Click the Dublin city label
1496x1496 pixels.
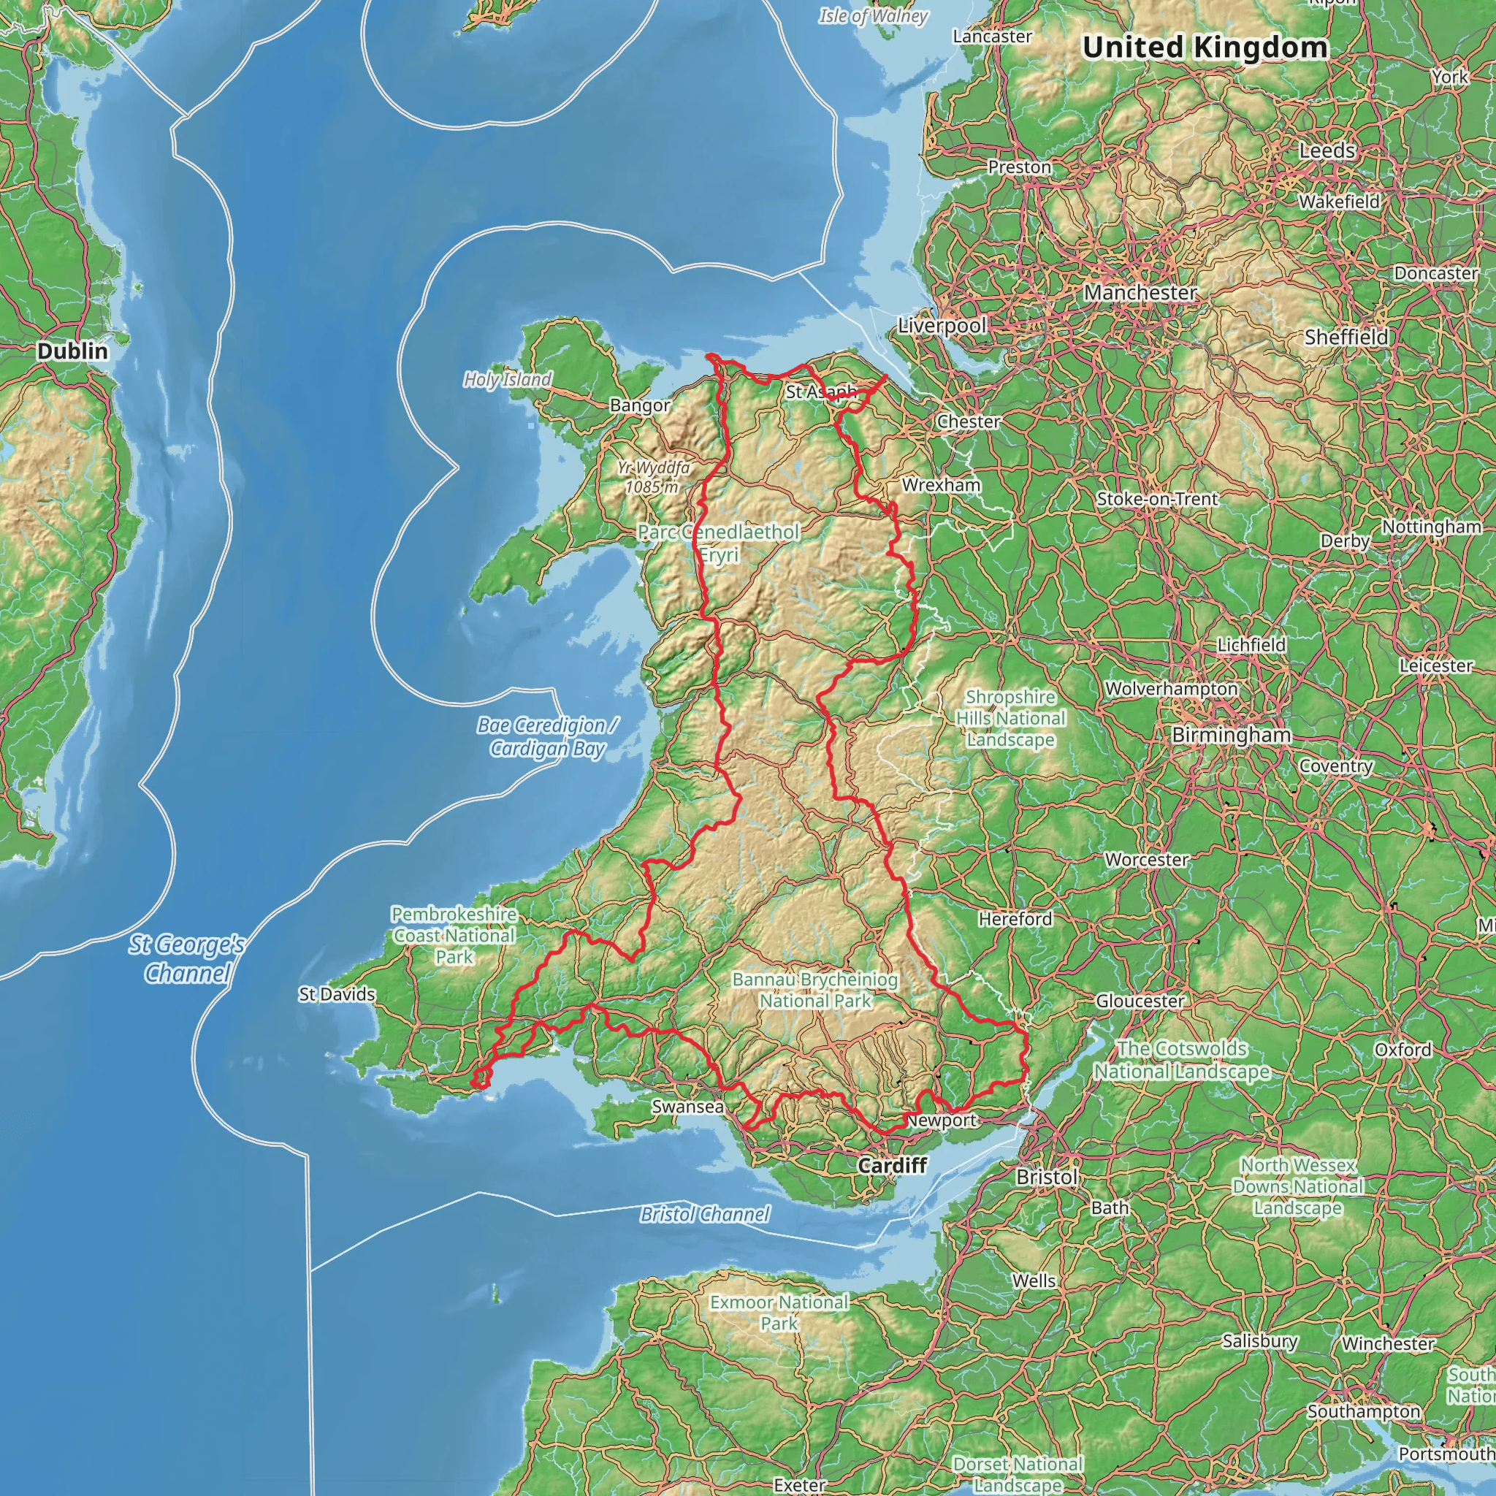click(x=73, y=351)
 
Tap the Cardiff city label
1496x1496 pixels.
click(x=892, y=1165)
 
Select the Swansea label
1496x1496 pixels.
click(x=687, y=1107)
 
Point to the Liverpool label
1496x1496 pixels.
click(x=942, y=325)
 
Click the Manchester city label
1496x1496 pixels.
click(x=1140, y=293)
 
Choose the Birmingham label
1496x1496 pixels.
click(x=1231, y=735)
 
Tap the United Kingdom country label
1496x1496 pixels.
click(x=1205, y=47)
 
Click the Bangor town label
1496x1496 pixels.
click(x=640, y=405)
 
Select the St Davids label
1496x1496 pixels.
click(x=337, y=994)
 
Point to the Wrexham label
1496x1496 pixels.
click(x=941, y=485)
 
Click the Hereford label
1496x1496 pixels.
click(x=1015, y=919)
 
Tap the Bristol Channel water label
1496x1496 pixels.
click(x=705, y=1214)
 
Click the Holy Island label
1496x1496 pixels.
click(x=507, y=379)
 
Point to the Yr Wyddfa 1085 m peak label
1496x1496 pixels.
click(x=653, y=477)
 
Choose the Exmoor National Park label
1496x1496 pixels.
click(x=779, y=1313)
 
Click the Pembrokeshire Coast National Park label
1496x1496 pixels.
click(x=454, y=936)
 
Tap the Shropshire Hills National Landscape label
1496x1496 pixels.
click(x=1010, y=719)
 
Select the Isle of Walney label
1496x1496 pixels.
click(x=874, y=15)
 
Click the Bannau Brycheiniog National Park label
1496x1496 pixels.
click(x=815, y=990)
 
